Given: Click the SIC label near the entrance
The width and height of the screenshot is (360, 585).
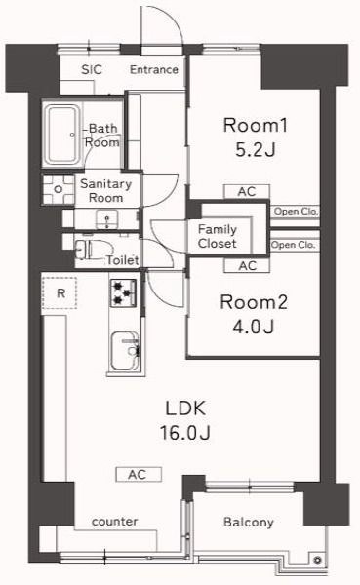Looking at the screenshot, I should coord(92,69).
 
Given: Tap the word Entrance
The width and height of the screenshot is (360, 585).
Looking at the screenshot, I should coord(154,69).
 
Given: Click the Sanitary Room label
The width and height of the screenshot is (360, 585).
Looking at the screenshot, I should coord(100,189).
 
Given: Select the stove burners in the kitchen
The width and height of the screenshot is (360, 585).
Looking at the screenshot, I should coord(124,292).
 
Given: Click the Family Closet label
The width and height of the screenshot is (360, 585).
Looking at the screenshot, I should coord(217,236).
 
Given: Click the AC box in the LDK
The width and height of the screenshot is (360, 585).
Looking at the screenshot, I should coord(138,475).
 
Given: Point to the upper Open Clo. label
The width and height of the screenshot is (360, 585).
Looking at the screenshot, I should coord(295,211).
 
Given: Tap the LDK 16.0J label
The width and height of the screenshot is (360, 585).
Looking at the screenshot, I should coord(176,420).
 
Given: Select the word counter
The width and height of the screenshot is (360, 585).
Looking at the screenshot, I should coord(114,522).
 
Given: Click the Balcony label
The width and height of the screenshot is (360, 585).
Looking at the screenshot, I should coord(249,523).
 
